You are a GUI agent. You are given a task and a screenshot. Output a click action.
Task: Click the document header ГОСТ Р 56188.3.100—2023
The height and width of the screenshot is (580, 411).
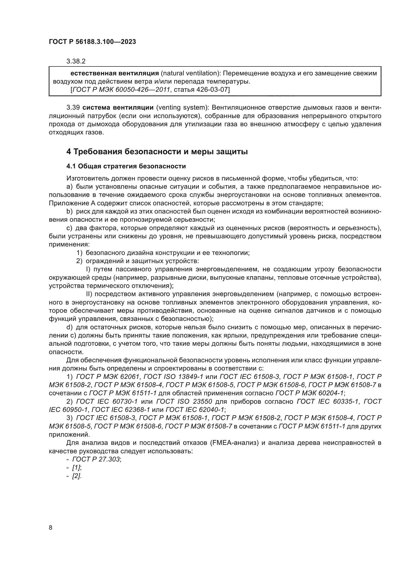[92, 42]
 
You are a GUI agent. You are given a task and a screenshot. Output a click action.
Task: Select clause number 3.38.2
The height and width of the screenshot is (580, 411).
[76, 61]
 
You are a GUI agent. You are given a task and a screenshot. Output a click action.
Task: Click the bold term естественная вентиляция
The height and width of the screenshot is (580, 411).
[114, 73]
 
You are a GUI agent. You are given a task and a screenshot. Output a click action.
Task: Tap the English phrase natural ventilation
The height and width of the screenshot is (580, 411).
[190, 73]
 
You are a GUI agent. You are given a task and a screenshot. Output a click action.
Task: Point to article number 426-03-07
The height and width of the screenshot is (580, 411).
[212, 90]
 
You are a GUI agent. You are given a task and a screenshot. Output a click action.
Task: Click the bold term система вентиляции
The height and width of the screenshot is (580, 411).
[118, 108]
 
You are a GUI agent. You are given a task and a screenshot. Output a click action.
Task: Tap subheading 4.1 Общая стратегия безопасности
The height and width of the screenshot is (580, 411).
[126, 166]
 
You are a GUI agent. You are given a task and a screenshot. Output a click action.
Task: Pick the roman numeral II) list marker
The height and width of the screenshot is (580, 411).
[90, 294]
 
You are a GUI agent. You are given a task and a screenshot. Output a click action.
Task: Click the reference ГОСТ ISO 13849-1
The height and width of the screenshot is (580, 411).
[173, 377]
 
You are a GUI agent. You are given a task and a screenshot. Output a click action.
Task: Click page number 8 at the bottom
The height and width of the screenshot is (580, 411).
[51, 528]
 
